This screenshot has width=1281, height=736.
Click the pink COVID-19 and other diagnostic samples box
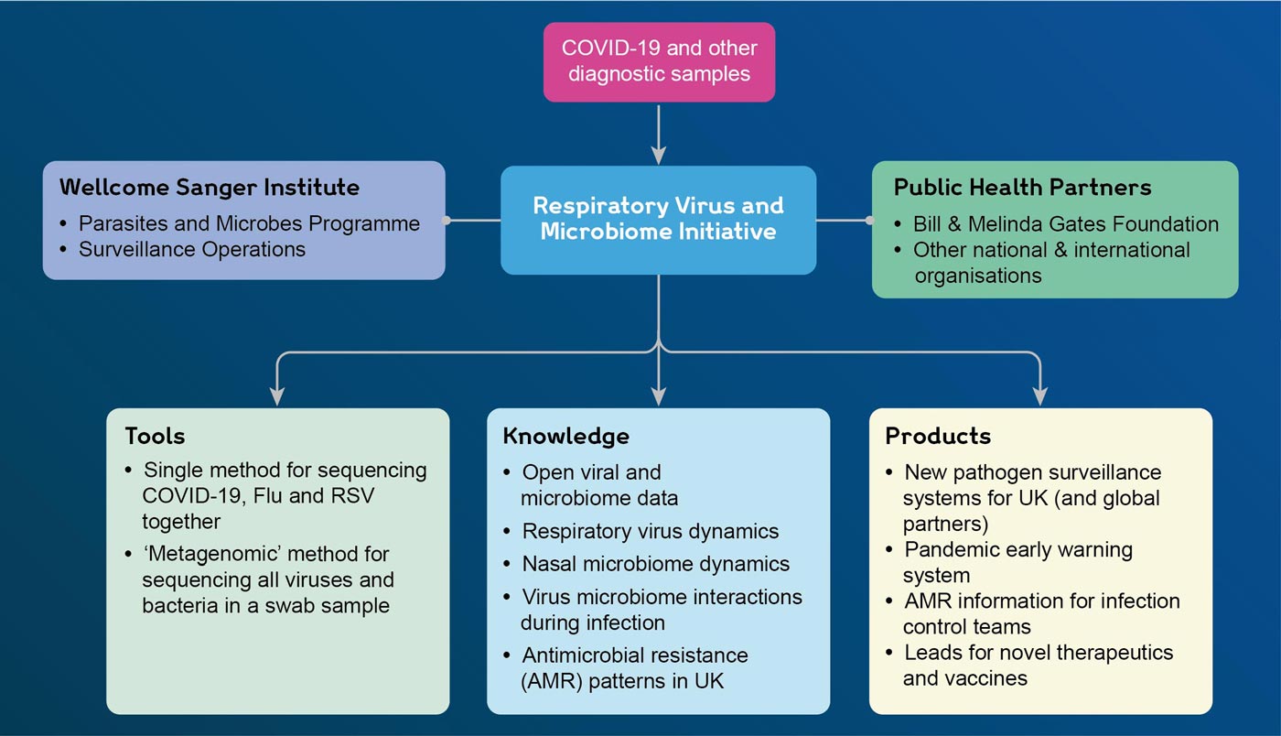659,61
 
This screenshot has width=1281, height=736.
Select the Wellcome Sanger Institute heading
210,188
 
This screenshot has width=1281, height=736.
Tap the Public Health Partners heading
1022,188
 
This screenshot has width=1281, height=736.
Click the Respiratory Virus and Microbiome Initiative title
658,219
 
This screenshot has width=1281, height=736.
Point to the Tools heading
155,436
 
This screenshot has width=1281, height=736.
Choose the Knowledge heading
565,436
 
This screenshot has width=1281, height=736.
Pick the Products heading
938,436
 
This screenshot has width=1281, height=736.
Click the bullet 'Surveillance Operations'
192,249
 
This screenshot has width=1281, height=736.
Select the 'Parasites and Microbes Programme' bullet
249,223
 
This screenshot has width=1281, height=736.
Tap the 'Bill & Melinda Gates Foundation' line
1065,223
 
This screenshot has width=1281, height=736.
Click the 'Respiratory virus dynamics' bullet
650,531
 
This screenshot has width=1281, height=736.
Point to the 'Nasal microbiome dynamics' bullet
655,564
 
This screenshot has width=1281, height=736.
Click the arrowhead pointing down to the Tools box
277,395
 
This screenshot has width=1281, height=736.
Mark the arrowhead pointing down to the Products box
1040,395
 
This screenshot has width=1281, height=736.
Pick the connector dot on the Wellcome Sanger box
447,221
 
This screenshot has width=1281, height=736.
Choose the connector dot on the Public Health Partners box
870,221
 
